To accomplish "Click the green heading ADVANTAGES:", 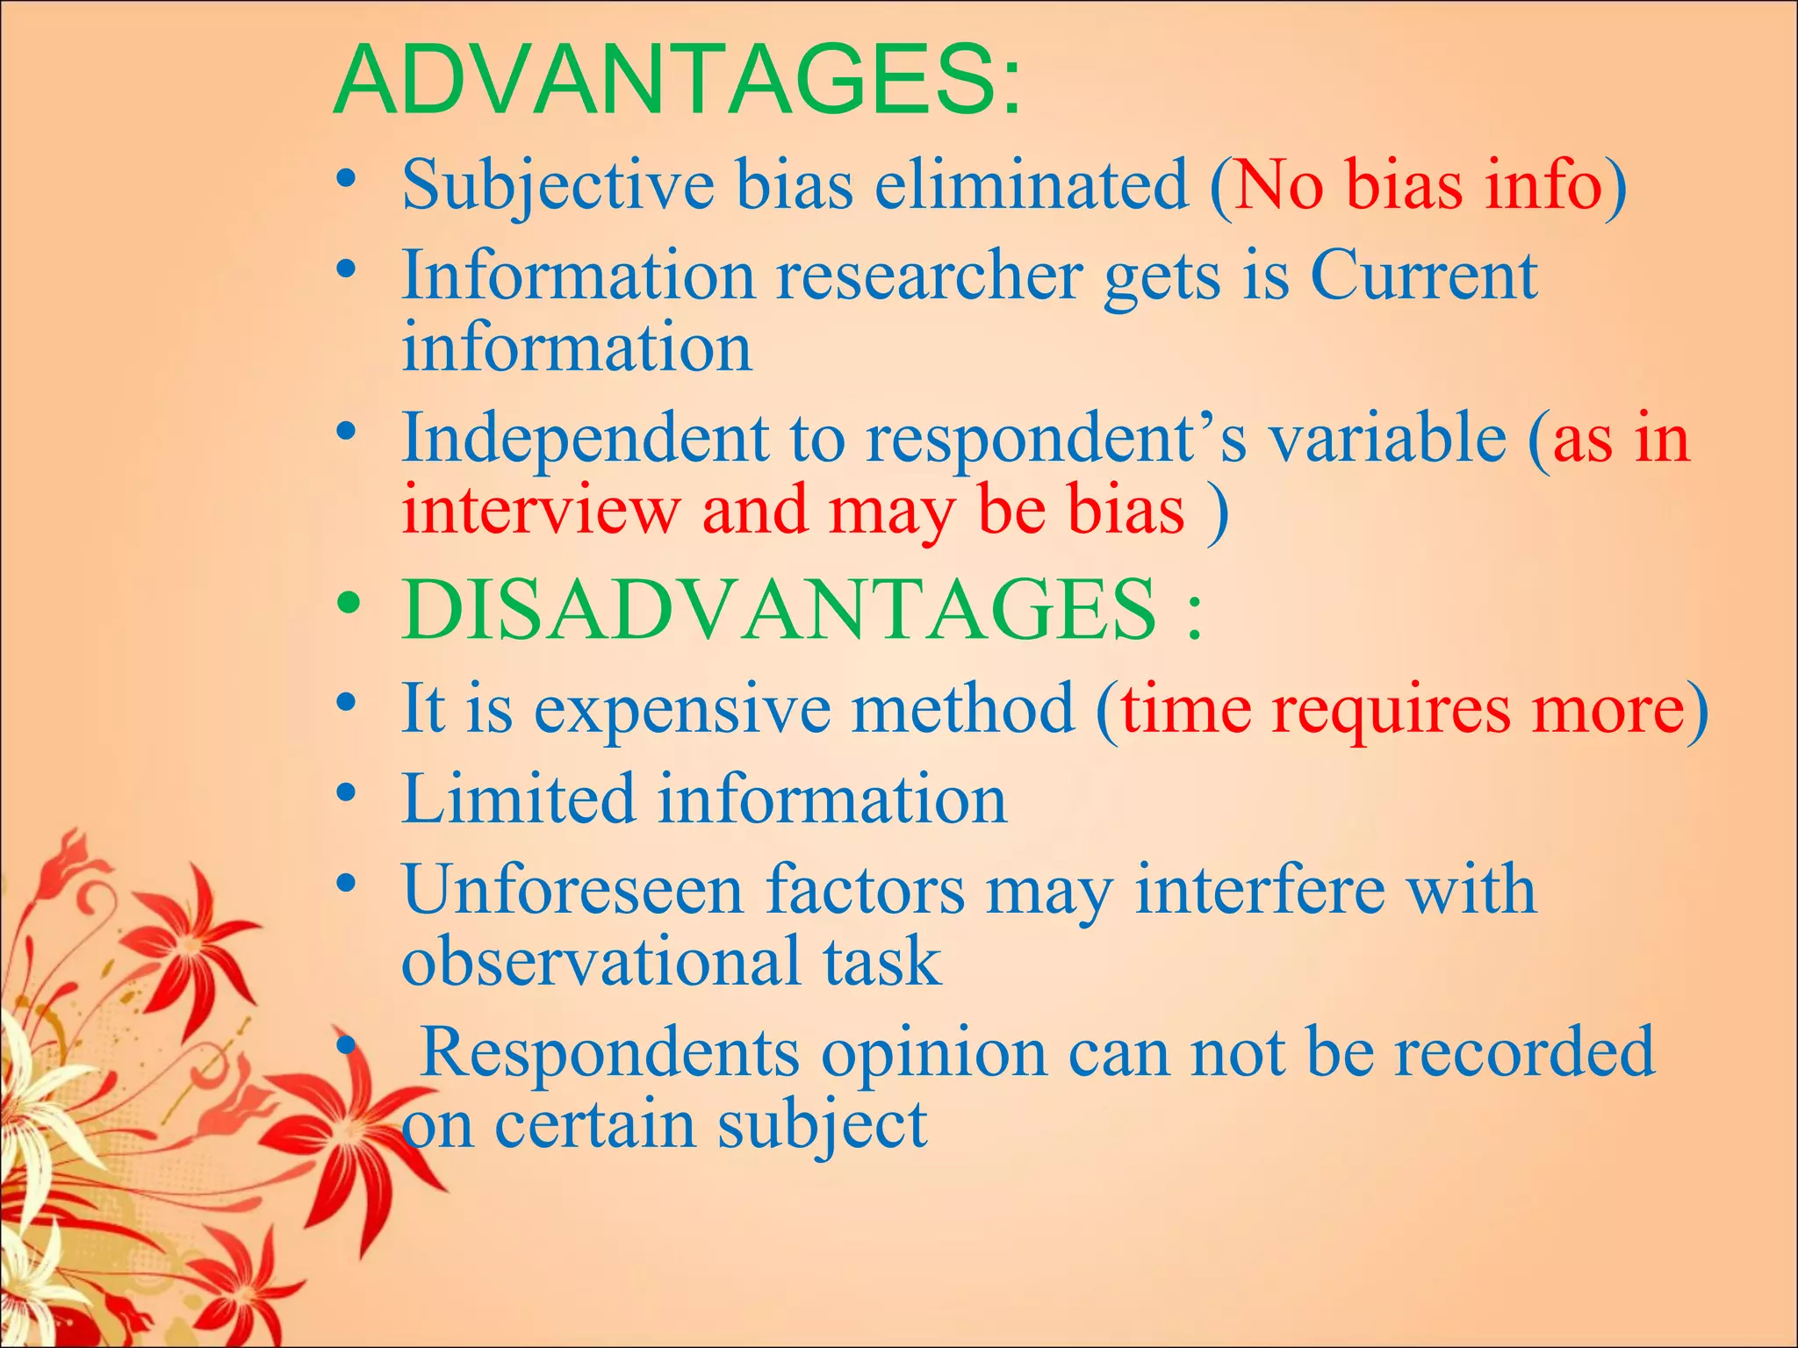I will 678,81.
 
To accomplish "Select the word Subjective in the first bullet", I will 557,186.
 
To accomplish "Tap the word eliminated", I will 1032,184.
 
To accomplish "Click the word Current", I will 1423,276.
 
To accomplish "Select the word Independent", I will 585,439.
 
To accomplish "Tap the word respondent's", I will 1056,439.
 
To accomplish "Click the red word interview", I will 541,511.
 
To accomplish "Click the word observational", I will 602,961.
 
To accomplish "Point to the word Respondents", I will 610,1053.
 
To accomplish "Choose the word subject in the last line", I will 822,1126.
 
